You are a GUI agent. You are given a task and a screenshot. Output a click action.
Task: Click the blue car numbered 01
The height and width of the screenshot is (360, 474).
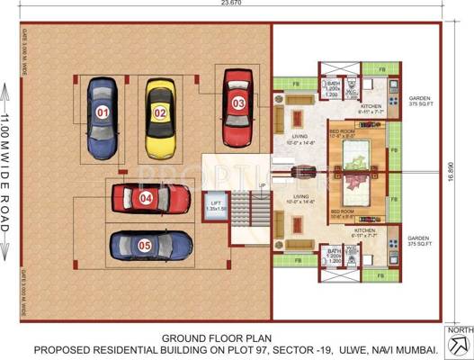point(103,114)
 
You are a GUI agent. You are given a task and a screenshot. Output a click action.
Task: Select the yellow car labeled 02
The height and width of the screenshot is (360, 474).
point(160,112)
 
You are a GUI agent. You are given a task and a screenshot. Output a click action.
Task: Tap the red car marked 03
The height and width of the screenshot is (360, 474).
point(237,103)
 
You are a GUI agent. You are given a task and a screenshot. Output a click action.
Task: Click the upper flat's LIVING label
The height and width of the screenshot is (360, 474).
point(297,139)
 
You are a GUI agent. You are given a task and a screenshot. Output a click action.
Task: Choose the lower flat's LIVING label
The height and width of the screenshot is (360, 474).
point(297,197)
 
